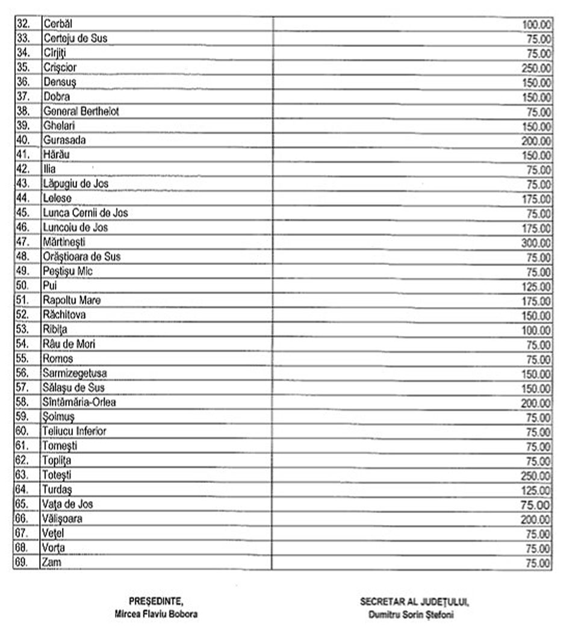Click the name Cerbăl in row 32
pyautogui.click(x=58, y=24)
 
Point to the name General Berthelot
pyautogui.click(x=81, y=111)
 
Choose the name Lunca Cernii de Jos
pyautogui.click(x=85, y=213)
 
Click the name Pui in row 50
pyautogui.click(x=50, y=286)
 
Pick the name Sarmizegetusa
pyautogui.click(x=75, y=373)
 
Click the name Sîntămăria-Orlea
pyautogui.click(x=79, y=402)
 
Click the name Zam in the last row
pyautogui.click(x=52, y=562)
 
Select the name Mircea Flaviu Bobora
pyautogui.click(x=156, y=614)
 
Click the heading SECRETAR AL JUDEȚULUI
pyautogui.click(x=414, y=602)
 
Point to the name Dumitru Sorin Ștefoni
pyautogui.click(x=414, y=614)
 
